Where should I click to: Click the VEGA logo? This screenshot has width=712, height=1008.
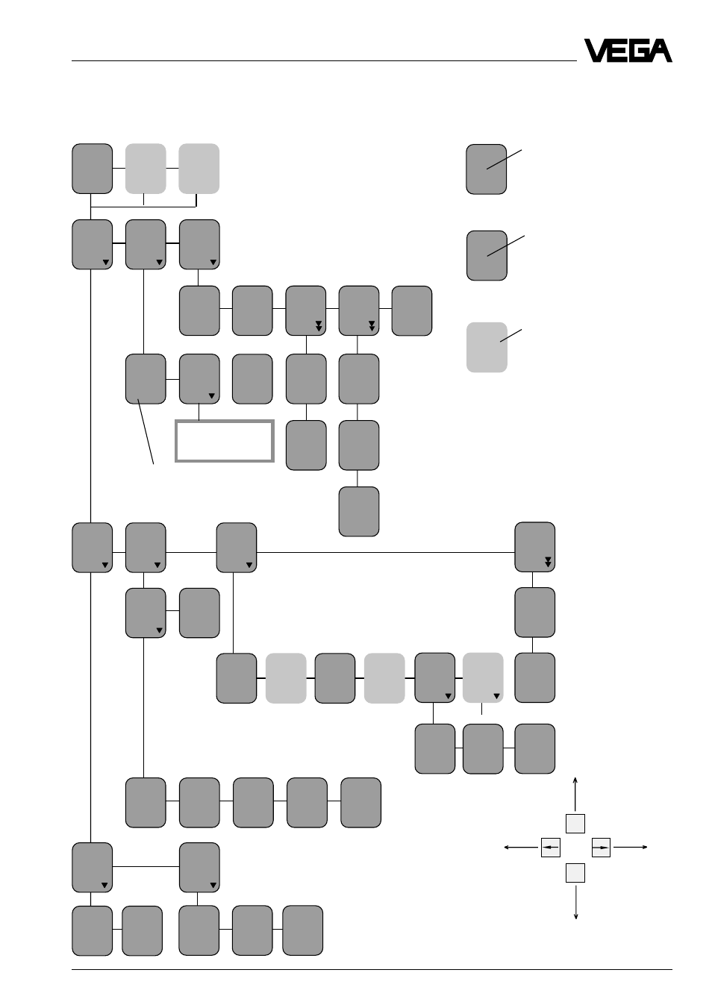click(x=628, y=51)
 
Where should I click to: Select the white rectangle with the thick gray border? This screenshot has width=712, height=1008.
click(x=225, y=441)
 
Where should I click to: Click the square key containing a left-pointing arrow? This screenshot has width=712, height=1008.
click(x=551, y=848)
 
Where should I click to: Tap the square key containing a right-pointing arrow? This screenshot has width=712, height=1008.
click(x=601, y=848)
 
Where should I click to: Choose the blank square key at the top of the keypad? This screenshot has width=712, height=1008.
click(x=575, y=824)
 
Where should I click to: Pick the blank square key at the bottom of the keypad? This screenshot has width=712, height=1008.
click(x=575, y=873)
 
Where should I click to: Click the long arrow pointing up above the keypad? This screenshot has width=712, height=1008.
click(x=575, y=795)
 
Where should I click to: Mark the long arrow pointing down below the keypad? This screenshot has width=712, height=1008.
click(x=575, y=903)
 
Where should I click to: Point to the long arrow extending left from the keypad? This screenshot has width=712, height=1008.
click(x=521, y=848)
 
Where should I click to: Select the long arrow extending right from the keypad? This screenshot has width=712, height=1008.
click(x=631, y=848)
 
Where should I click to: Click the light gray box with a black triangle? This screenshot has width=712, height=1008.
click(x=483, y=677)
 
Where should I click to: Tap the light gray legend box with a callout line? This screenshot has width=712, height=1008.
click(x=487, y=348)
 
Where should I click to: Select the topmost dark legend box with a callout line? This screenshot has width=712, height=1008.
click(x=486, y=169)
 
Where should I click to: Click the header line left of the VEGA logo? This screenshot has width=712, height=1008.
click(x=324, y=60)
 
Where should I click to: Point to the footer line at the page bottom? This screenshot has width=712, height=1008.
click(x=372, y=970)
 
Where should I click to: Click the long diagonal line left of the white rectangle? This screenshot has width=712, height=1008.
click(x=146, y=431)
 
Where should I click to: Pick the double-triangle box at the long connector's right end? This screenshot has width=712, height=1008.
click(x=534, y=547)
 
